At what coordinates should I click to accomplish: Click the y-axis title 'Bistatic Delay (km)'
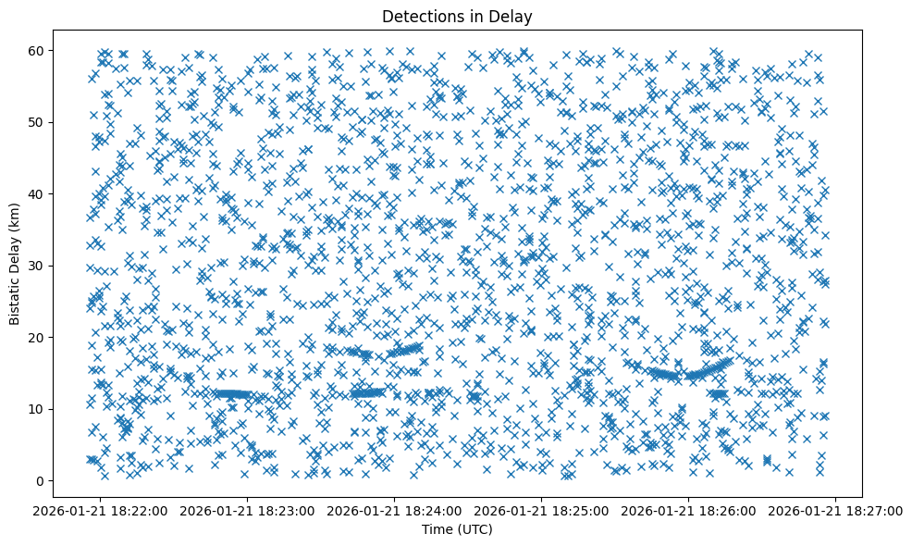pos(15,264)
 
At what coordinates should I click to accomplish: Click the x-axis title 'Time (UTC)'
pos(457,529)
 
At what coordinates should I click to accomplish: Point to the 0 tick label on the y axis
pos(40,480)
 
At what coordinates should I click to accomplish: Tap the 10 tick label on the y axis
pos(36,409)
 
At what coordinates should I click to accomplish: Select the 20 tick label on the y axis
pos(36,337)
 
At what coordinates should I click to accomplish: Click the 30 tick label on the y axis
pos(36,266)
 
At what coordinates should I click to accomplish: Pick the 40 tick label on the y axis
pos(36,193)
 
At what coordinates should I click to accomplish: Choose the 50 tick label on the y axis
pos(36,122)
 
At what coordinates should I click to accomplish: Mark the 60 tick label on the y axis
pos(36,50)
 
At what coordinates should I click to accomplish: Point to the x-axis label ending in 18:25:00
pos(542,509)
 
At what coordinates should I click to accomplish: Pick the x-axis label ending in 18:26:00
pos(689,509)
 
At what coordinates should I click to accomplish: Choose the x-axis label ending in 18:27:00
pos(836,509)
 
